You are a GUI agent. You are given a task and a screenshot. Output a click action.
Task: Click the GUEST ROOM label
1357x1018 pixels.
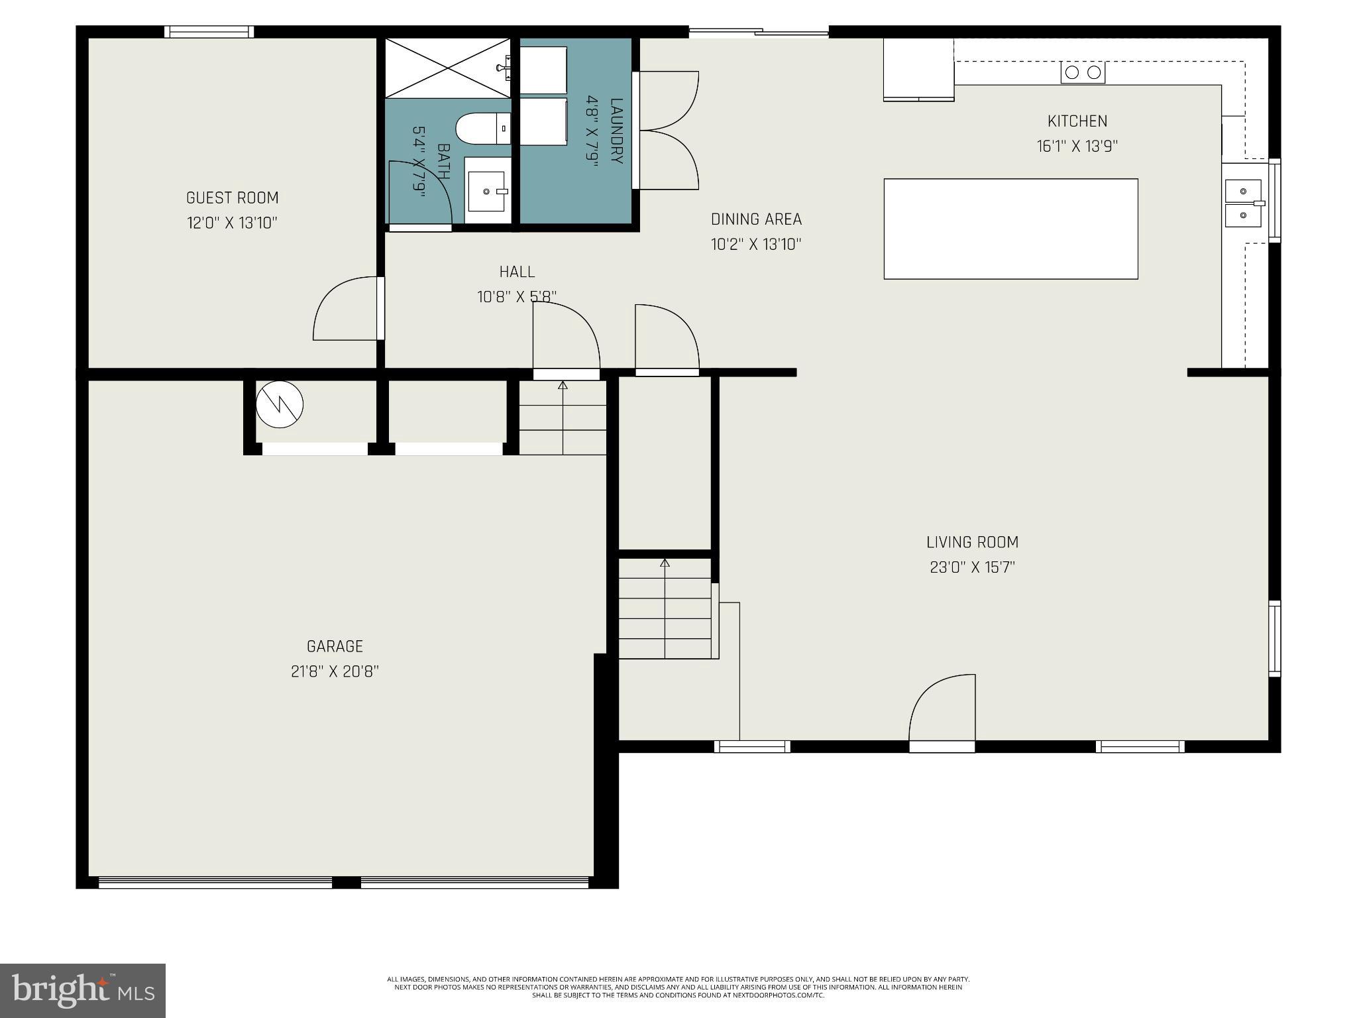click(232, 198)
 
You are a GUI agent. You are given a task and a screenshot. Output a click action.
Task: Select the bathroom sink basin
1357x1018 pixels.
click(487, 191)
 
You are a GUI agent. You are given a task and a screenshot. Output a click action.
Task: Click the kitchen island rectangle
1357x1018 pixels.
click(1010, 229)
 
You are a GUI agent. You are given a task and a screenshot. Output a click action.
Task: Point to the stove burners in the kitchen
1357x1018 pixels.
click(1083, 72)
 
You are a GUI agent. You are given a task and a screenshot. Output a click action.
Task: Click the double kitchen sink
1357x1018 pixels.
click(1243, 203)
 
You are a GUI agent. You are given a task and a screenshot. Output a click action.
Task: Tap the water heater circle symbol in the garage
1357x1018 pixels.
click(280, 404)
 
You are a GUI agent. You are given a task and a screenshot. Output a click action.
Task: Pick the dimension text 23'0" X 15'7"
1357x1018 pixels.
click(972, 567)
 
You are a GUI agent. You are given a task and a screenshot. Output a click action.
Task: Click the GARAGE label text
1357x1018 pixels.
click(335, 646)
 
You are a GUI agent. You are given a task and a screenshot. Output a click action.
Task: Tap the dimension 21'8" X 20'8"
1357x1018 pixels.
click(335, 671)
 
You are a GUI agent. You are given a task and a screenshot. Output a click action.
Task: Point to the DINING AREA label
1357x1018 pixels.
click(756, 219)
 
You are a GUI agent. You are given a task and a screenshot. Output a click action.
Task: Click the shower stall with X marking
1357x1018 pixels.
click(448, 68)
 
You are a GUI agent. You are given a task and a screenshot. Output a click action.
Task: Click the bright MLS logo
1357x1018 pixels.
click(83, 990)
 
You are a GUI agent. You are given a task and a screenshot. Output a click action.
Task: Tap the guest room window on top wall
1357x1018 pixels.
click(209, 32)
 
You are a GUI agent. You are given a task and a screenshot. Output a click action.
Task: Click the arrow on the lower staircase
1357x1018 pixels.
click(665, 564)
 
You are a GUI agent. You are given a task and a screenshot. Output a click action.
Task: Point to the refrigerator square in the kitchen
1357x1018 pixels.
click(918, 69)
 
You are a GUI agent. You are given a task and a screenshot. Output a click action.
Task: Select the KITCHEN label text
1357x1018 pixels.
click(1077, 121)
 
